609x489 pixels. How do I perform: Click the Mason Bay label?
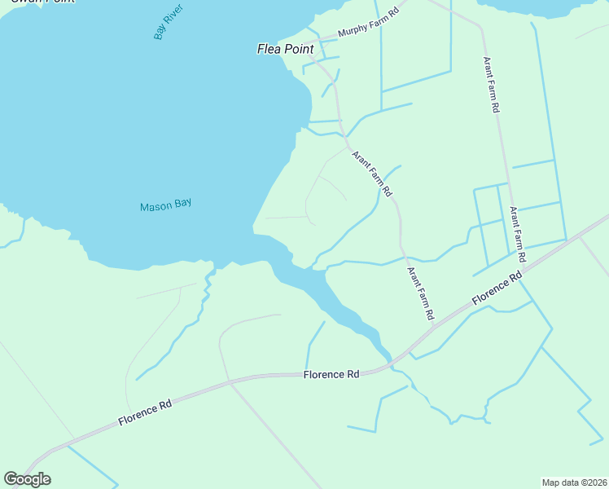pos(165,205)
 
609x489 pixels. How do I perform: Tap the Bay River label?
pos(168,22)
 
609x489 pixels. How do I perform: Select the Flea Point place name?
pos(285,49)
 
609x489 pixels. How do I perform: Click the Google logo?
pos(27,479)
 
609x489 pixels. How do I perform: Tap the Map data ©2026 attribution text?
pos(574,482)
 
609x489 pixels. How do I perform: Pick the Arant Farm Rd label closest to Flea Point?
pos(372,174)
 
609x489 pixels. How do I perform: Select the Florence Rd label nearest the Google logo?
pos(145,410)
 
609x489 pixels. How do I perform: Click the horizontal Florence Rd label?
pos(331,375)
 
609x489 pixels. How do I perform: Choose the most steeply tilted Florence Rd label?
pos(496,291)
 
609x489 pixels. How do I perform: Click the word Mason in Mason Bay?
pos(154,206)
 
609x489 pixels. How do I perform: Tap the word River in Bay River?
pos(174,15)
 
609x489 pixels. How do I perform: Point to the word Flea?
pos(269,49)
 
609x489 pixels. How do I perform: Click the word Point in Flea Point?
pos(298,49)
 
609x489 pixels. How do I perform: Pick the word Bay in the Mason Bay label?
pos(182,204)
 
